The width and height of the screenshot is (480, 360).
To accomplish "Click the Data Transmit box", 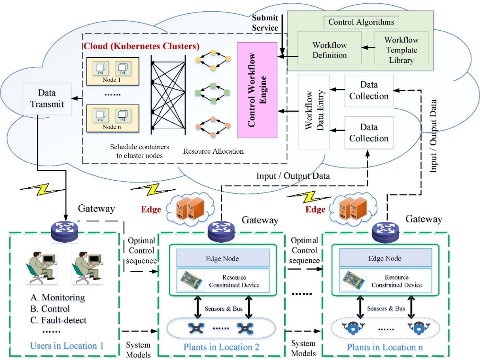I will (47, 98).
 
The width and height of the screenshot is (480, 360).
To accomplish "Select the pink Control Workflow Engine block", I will (257, 90).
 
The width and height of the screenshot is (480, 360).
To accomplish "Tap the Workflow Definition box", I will (329, 50).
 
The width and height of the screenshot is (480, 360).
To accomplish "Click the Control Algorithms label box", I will (361, 22).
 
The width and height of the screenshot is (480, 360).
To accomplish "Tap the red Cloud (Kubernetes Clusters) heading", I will (141, 46).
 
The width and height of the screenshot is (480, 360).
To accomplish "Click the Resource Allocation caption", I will (213, 151).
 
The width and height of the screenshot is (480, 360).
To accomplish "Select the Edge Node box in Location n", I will (384, 258).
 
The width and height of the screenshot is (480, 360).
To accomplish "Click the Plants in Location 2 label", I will (221, 348).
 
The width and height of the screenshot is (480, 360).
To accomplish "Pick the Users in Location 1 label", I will (67, 346).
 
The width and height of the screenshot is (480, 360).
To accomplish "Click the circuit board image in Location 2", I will (193, 281).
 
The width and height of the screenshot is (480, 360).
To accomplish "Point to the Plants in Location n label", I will (385, 348).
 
